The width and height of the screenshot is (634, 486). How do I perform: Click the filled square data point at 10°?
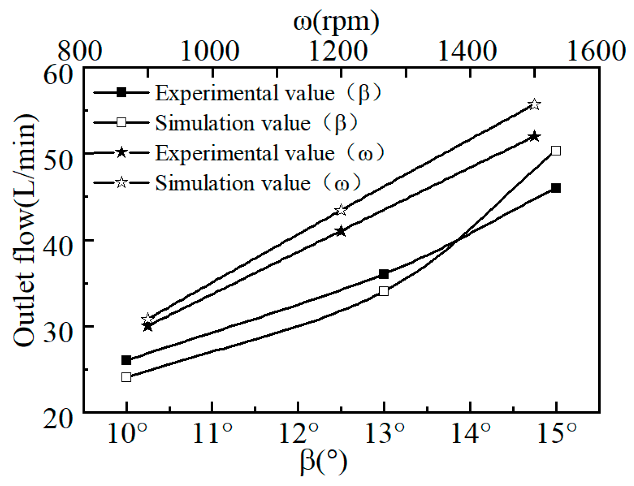pos(126,360)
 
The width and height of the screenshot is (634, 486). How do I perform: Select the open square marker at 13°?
pos(384,291)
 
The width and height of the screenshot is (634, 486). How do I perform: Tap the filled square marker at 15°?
pos(556,188)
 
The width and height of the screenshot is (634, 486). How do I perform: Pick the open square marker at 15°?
pos(556,151)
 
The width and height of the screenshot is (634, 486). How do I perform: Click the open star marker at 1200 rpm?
pos(341,210)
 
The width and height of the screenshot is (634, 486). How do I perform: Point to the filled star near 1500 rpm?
pos(534,137)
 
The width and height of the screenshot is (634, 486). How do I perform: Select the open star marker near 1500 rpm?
pos(534,104)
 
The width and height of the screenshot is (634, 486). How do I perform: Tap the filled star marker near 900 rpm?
pos(148,326)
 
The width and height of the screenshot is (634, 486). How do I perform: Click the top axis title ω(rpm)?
pos(336,21)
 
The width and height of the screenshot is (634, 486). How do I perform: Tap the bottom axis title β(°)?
pos(324,462)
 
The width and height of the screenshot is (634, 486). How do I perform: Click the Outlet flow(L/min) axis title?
pos(24,230)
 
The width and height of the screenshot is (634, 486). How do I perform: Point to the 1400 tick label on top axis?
pos(467,51)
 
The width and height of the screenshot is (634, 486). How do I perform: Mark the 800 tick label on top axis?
pos(80,51)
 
